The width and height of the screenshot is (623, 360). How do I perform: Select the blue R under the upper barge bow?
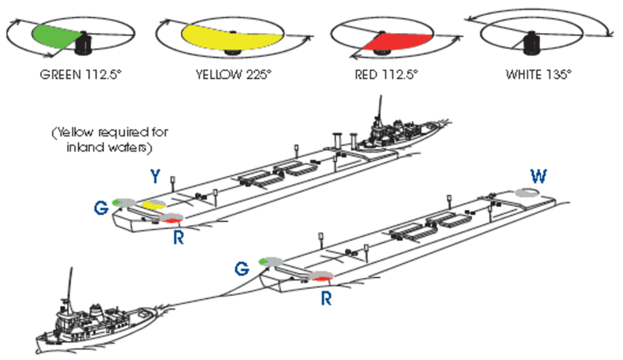177,237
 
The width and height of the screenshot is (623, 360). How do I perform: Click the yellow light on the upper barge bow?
153,206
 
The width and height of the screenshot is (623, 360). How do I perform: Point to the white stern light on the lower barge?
524,192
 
